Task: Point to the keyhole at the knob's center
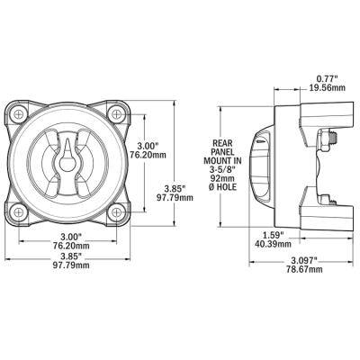[x=68, y=165]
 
